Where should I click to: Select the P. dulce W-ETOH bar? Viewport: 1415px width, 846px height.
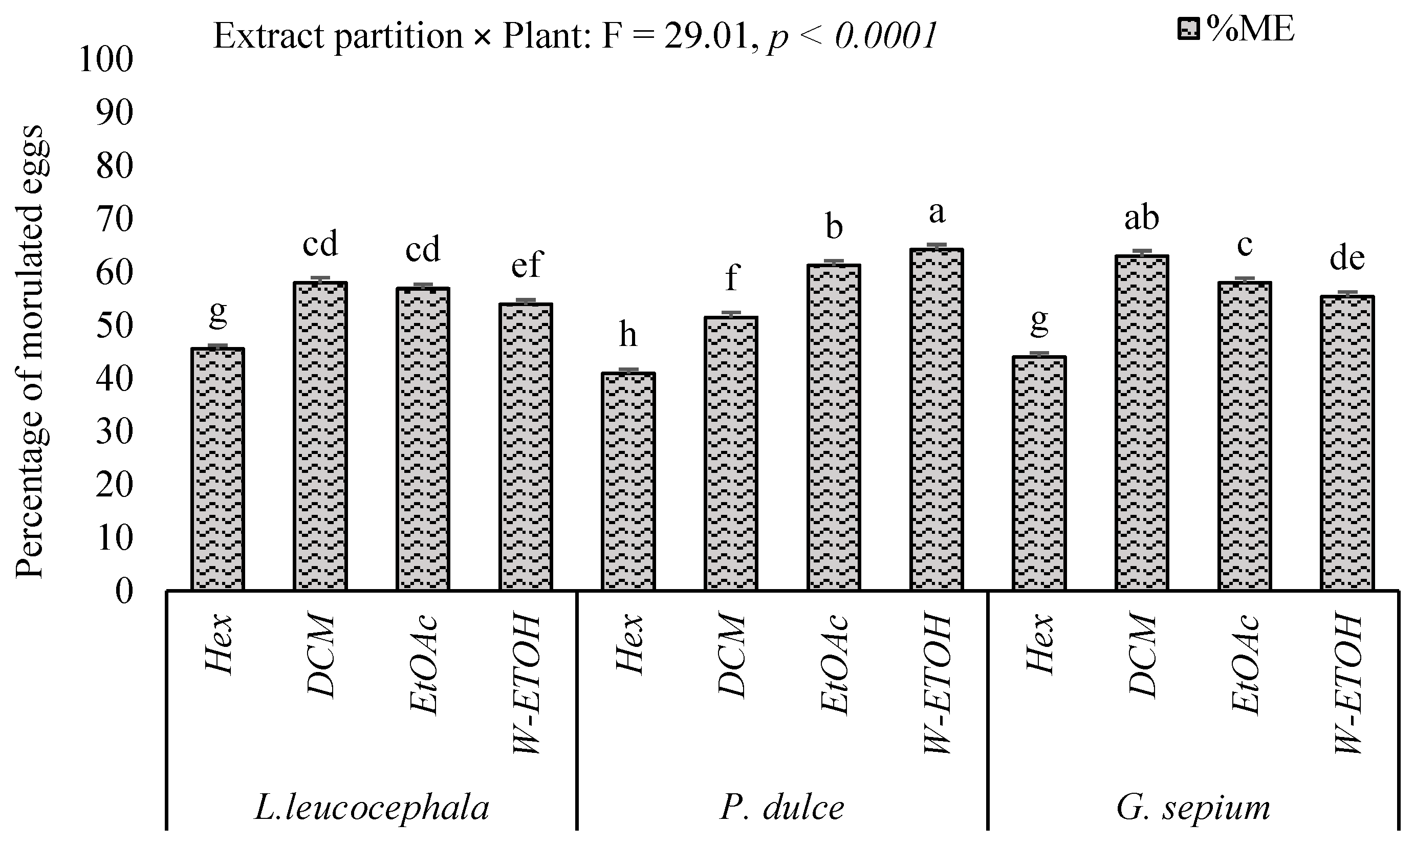tap(937, 419)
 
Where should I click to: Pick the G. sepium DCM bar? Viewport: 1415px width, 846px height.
tap(1141, 422)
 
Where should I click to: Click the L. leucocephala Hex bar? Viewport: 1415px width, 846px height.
tap(217, 469)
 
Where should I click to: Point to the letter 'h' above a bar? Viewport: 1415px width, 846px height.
tap(627, 335)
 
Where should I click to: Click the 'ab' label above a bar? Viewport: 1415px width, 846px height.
tap(1141, 218)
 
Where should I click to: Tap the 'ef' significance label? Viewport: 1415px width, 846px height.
tap(526, 265)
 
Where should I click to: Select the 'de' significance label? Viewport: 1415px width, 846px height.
tap(1346, 258)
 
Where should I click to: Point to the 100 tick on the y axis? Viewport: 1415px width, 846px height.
tap(106, 59)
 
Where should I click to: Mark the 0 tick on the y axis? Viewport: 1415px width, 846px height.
tap(124, 591)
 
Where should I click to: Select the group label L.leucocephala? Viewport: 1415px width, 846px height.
tap(372, 808)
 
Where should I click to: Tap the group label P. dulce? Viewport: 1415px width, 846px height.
tap(781, 808)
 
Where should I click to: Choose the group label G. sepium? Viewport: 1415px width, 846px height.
tap(1193, 808)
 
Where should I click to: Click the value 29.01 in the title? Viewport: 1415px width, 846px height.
tap(705, 36)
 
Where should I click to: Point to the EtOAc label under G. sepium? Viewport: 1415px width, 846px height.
tap(1245, 664)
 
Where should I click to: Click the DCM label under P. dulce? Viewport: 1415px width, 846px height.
tap(731, 655)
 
